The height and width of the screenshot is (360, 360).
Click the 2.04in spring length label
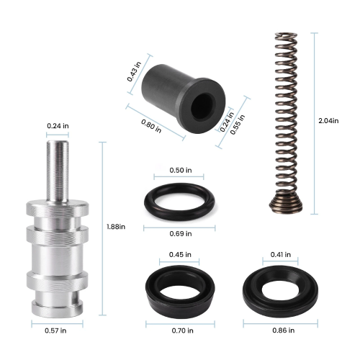click(328, 120)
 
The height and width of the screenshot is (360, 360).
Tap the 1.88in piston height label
click(116, 227)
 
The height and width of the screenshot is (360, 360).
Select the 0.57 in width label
click(55, 330)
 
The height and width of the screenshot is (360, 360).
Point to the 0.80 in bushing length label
click(151, 126)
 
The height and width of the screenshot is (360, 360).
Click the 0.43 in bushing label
click(134, 71)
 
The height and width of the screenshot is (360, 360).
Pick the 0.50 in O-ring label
click(181, 170)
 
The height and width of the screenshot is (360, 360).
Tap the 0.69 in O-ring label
click(181, 233)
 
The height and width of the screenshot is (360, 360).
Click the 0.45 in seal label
click(180, 254)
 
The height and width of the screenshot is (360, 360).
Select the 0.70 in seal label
click(182, 330)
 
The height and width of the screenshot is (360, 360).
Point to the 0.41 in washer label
click(281, 254)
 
